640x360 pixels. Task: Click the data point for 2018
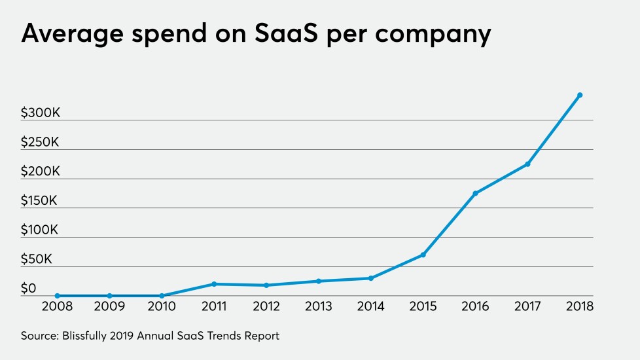580,95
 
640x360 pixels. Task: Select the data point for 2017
527,164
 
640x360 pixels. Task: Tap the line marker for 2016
475,193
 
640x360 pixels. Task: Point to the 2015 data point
423,255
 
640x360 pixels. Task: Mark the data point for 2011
214,284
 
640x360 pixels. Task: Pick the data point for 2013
319,281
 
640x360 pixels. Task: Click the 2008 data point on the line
58,296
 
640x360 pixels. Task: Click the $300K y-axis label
41,113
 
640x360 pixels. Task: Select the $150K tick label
39,201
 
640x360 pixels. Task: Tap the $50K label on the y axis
37,259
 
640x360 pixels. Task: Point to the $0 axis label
29,289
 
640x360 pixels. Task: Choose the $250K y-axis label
41,142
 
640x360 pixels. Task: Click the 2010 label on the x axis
162,306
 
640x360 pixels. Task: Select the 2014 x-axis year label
371,306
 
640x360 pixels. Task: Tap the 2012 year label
266,306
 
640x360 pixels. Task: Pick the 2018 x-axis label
580,306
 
